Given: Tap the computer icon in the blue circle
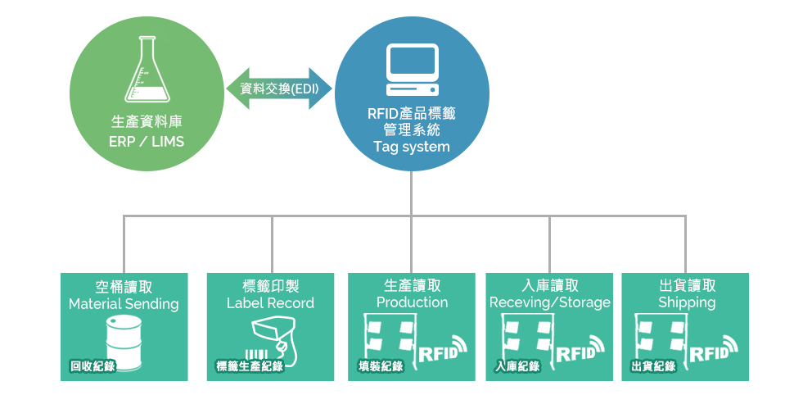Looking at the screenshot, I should click(412, 70).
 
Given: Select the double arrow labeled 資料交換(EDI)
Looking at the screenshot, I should click(278, 89).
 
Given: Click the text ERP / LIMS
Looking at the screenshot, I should click(147, 142).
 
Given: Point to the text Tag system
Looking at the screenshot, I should click(412, 148).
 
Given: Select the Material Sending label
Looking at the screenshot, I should click(124, 304).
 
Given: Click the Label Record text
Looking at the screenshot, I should click(270, 303).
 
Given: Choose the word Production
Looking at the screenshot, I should click(412, 302).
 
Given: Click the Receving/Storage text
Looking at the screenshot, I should click(550, 303).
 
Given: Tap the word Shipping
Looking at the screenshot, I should click(687, 302).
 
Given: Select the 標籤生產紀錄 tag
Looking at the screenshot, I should click(249, 366).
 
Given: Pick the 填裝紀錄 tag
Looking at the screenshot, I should click(381, 366).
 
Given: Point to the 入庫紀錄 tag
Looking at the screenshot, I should click(517, 366).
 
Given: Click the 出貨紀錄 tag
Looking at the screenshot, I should click(653, 366).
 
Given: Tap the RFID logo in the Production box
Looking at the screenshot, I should click(443, 349).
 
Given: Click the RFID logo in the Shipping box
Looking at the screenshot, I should click(715, 349).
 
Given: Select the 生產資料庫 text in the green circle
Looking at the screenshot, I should click(147, 122).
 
